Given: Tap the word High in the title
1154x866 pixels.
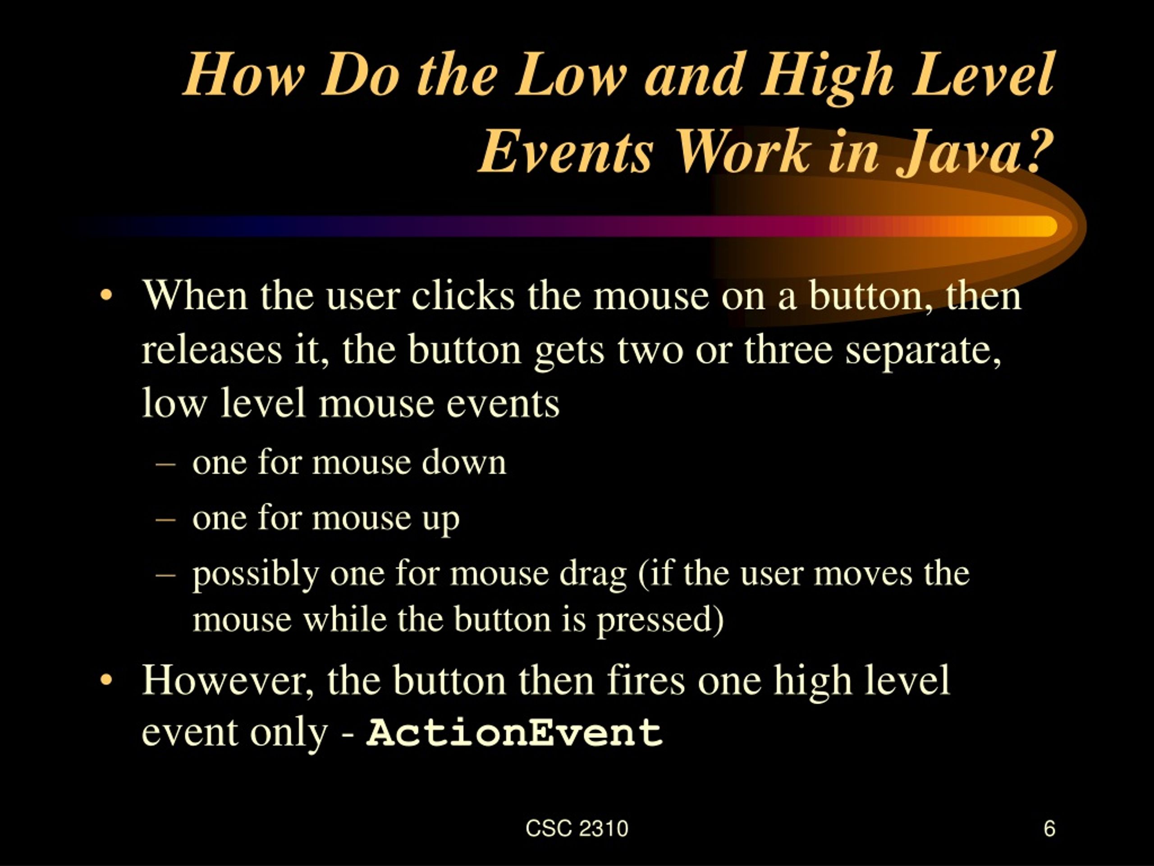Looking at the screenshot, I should [827, 76].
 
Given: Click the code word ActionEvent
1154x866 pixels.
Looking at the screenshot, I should [514, 732].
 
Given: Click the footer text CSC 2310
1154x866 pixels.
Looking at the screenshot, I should [577, 829].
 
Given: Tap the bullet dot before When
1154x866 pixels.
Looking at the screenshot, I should [106, 295].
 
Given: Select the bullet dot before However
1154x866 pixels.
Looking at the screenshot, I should [106, 680].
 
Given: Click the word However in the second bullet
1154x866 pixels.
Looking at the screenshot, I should [228, 680].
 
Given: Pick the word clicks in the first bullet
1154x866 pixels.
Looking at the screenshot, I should [463, 295].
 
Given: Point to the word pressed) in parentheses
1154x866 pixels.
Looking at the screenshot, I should [660, 620].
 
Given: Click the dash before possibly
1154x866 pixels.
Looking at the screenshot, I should [165, 573].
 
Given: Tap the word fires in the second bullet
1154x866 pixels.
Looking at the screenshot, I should [646, 680].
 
